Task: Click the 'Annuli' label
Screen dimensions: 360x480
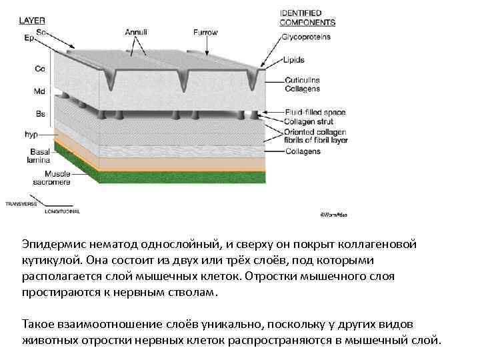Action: pyautogui.click(x=137, y=31)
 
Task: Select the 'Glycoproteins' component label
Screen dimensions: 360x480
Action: pyautogui.click(x=306, y=37)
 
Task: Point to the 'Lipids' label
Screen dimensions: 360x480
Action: pyautogui.click(x=293, y=59)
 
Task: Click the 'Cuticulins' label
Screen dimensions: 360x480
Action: pyautogui.click(x=302, y=80)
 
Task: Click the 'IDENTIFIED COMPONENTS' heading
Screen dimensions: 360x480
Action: pyautogui.click(x=307, y=17)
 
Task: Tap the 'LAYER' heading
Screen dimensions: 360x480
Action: pyautogui.click(x=32, y=20)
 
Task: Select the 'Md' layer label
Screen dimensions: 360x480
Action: pyautogui.click(x=39, y=91)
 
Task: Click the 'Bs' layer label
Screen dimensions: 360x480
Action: pyautogui.click(x=40, y=113)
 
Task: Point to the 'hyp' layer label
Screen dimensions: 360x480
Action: pyautogui.click(x=31, y=134)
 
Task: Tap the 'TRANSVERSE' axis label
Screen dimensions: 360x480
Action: pyautogui.click(x=21, y=204)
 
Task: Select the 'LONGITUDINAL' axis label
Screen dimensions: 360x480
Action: pyautogui.click(x=62, y=211)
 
